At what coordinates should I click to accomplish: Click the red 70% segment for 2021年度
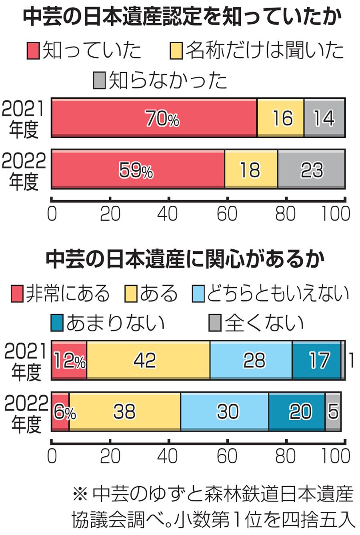tap(154, 118)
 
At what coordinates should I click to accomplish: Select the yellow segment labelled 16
tap(280, 118)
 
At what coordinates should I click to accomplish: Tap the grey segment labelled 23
tap(311, 170)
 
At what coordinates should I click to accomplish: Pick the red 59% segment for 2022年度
tap(138, 170)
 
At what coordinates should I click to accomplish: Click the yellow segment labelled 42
tap(148, 360)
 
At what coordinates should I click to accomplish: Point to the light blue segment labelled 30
tap(224, 411)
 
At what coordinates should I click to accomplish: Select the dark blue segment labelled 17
tap(316, 360)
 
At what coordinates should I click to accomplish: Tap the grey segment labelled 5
tap(333, 411)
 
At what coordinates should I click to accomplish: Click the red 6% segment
tap(60, 411)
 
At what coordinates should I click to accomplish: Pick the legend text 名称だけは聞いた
tap(264, 51)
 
